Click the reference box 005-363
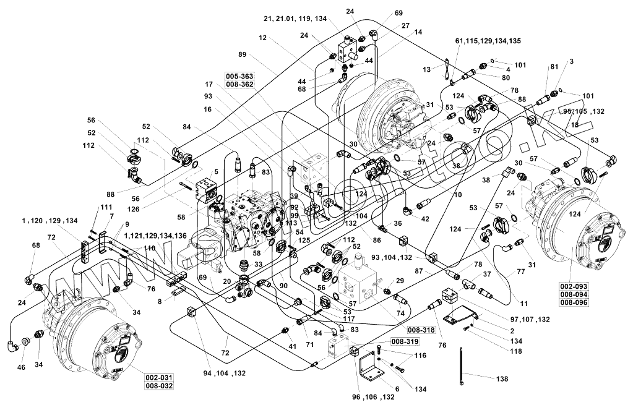240,76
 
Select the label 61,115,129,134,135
488,41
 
